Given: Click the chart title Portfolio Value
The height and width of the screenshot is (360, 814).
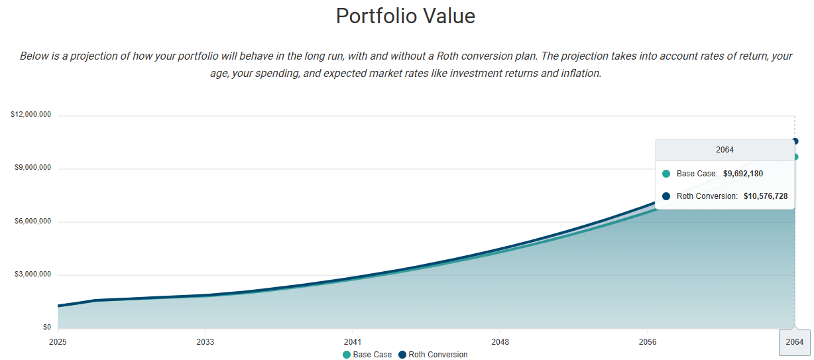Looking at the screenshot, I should click(406, 16).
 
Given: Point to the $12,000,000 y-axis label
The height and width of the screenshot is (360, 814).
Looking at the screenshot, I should click(30, 115).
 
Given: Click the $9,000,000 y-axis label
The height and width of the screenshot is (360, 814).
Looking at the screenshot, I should click(33, 168).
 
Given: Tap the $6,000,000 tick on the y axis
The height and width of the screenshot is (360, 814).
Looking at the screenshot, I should click(33, 221).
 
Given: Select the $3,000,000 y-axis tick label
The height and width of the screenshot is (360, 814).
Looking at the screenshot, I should click(33, 274).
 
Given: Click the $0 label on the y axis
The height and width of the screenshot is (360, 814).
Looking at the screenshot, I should click(46, 328).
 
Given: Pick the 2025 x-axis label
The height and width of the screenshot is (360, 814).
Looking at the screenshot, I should click(58, 342).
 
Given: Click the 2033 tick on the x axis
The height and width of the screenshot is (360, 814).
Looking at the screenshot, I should click(205, 342).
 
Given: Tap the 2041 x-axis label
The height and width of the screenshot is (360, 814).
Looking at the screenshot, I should click(353, 342).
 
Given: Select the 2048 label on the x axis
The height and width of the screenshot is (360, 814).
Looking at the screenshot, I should click(500, 342).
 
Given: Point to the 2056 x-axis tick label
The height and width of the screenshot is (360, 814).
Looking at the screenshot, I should click(648, 342).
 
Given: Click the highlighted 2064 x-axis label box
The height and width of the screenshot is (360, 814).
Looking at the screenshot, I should click(794, 342).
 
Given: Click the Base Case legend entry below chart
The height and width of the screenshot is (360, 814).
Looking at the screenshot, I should click(368, 355).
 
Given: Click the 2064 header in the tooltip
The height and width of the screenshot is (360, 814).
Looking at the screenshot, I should click(725, 150).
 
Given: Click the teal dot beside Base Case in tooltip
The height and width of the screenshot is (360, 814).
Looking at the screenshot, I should click(666, 174).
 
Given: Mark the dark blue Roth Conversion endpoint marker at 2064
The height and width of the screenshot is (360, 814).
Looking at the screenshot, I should click(795, 141).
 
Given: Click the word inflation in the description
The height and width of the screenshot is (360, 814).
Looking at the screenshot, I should click(578, 73).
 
